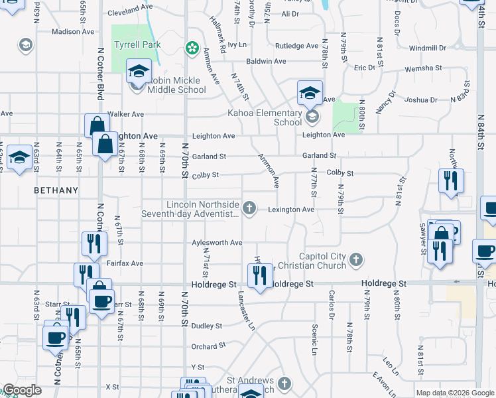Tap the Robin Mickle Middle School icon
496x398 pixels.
(139, 72)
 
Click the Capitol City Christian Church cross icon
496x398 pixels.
(356, 259)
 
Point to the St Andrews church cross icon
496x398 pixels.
(284, 383)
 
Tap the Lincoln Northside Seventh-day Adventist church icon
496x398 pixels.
(249, 209)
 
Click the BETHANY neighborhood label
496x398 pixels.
(57, 190)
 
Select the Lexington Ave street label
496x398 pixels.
(290, 210)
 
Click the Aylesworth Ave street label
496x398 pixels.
(217, 243)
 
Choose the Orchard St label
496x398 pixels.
(204, 346)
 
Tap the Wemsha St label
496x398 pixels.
(425, 68)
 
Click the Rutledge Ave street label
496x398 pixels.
(297, 46)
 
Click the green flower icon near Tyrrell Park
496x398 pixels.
(192, 47)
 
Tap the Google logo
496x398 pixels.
(23, 390)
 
